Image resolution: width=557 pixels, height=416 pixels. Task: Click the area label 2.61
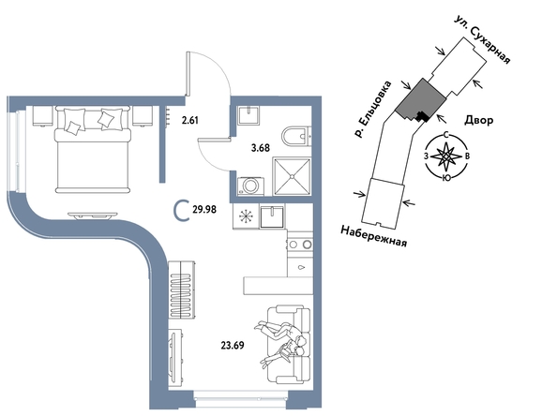pyautogui.click(x=189, y=120)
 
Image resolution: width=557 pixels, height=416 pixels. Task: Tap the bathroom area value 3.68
pyautogui.click(x=261, y=148)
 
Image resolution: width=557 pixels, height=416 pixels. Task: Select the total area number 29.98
pyautogui.click(x=204, y=210)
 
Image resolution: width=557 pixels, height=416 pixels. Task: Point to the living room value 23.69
pyautogui.click(x=233, y=345)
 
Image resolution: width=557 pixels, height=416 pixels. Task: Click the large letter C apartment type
pyautogui.click(x=181, y=211)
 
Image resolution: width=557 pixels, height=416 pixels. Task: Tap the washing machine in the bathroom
pyautogui.click(x=250, y=186)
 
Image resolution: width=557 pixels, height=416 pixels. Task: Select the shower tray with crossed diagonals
pyautogui.click(x=292, y=176)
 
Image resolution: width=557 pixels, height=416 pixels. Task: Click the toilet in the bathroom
pyautogui.click(x=296, y=136)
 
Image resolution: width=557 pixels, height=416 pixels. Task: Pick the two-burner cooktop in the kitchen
pyautogui.click(x=300, y=245)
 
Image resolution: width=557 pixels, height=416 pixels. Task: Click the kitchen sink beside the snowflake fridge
pyautogui.click(x=272, y=216)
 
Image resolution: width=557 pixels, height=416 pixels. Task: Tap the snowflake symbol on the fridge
pyautogui.click(x=246, y=216)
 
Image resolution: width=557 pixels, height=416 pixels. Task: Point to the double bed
pyautogui.click(x=93, y=150)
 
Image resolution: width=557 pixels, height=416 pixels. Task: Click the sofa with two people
pyautogui.click(x=289, y=344)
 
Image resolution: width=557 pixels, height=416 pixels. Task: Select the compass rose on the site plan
pyautogui.click(x=446, y=156)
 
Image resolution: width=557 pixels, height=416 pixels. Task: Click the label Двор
pyautogui.click(x=479, y=120)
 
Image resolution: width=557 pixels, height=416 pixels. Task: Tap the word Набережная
pyautogui.click(x=374, y=236)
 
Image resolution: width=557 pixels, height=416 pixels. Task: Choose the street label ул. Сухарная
pyautogui.click(x=483, y=39)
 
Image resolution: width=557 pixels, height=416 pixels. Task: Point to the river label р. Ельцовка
pyautogui.click(x=373, y=109)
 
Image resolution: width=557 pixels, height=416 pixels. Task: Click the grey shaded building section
pyautogui.click(x=420, y=99)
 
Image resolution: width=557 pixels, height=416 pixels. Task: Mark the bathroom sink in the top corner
pyautogui.click(x=248, y=114)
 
